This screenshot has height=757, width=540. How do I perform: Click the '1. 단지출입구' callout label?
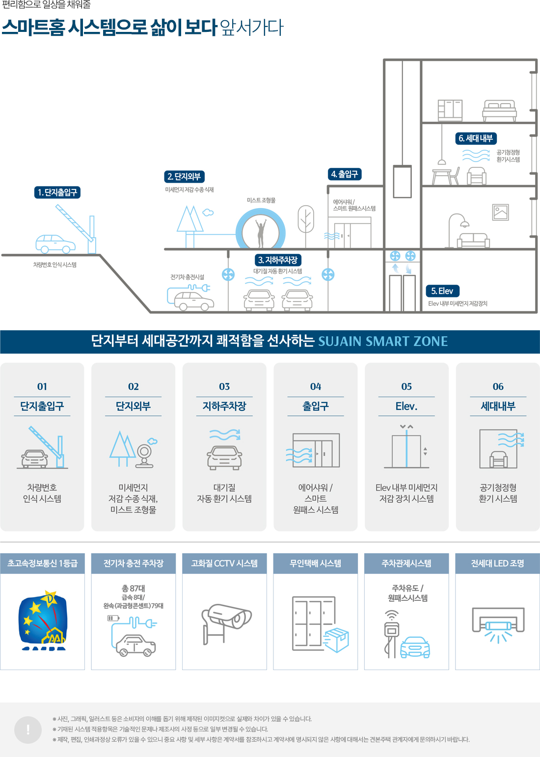click(57, 192)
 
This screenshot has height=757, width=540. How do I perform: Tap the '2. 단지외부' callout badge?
click(184, 177)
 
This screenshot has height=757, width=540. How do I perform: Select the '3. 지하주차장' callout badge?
click(278, 260)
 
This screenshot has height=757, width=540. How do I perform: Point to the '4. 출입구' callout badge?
click(345, 174)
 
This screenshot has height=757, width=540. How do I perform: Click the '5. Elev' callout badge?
click(442, 291)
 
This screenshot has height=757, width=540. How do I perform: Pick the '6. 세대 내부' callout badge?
click(476, 138)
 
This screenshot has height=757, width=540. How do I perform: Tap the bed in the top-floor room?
click(499, 110)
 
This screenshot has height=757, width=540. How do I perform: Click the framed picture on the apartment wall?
click(501, 212)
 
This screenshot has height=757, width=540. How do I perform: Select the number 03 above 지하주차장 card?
click(224, 387)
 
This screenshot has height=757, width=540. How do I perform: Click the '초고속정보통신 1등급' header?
click(42, 564)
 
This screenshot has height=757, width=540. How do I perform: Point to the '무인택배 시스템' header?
click(315, 564)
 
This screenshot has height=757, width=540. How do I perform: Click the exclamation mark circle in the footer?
click(28, 730)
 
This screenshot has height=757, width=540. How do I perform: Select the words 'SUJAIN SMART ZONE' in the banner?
click(383, 342)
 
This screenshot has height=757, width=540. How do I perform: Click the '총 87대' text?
click(134, 588)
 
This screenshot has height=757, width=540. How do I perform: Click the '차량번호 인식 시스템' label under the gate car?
click(55, 265)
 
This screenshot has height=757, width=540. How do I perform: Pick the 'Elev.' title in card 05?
click(406, 406)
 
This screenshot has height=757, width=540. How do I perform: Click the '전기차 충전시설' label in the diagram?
click(187, 277)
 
